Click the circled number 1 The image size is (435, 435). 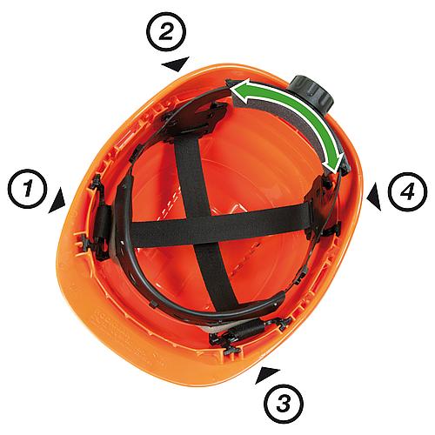tap(27, 189)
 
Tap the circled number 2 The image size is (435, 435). tap(165, 32)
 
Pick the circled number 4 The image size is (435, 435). tap(407, 191)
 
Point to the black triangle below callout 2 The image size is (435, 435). tap(177, 64)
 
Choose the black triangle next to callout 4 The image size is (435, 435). tap(374, 196)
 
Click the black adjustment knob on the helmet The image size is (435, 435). tap(312, 93)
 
